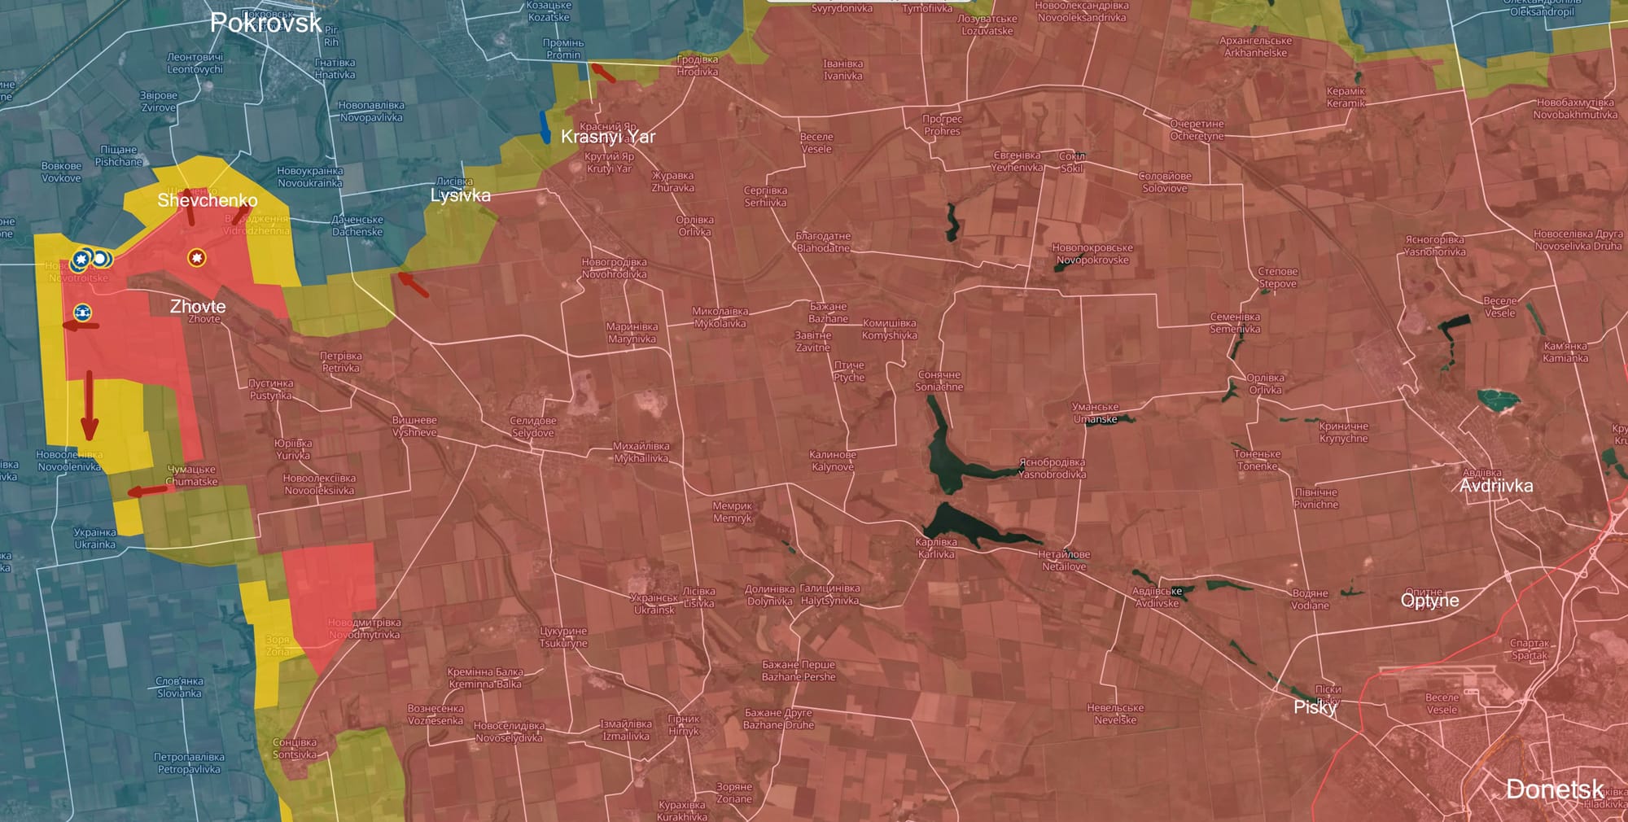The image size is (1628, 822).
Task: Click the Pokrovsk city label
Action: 265,23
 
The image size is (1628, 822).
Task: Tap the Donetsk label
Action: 1554,789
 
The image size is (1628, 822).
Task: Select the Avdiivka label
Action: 1496,486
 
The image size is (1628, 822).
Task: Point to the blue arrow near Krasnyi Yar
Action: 545,127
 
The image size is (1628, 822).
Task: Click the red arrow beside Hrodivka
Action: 602,73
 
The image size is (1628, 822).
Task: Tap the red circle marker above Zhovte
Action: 196,258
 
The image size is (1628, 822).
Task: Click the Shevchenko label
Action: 207,200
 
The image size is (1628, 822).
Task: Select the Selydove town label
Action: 533,426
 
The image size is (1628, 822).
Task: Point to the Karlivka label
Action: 936,548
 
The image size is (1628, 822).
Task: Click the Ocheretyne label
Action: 1197,130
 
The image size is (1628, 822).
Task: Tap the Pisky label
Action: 1315,707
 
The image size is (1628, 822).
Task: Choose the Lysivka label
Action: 460,195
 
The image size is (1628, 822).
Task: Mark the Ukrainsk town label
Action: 654,604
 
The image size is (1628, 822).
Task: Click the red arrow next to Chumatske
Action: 148,491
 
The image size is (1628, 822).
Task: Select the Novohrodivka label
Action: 614,268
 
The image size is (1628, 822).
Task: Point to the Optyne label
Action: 1429,601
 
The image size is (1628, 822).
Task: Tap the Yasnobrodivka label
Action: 1052,468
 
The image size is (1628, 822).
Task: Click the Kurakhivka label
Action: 681,811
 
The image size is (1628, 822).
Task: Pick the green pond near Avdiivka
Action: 1498,399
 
